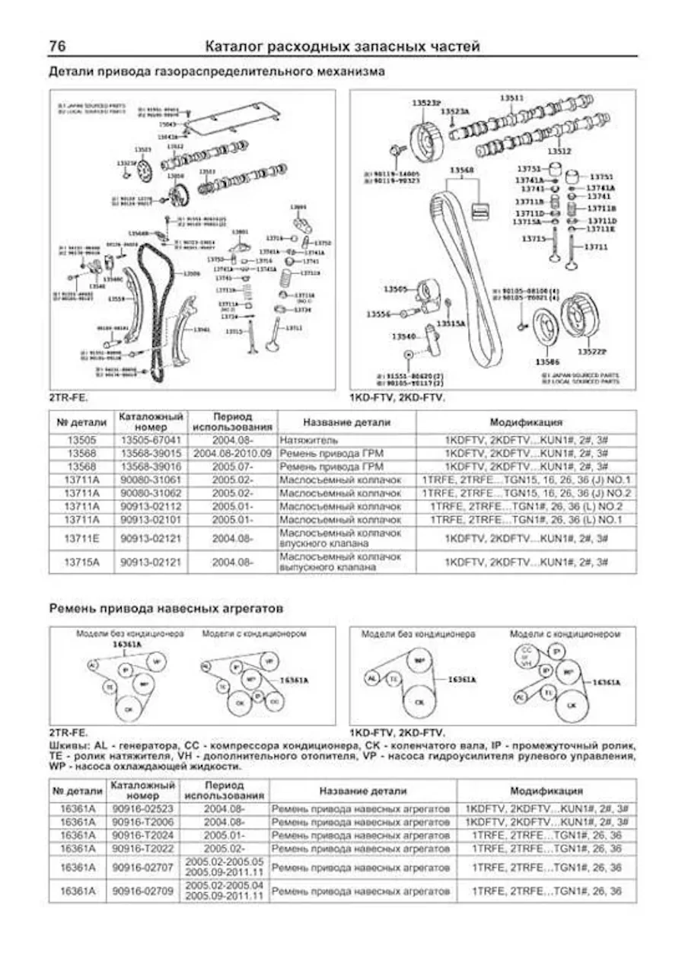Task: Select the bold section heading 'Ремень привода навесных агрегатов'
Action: [x=166, y=609]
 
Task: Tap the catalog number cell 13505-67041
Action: [x=151, y=439]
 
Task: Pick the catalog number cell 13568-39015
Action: [x=151, y=453]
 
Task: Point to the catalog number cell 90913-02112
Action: [x=151, y=506]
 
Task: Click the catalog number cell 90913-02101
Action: [x=151, y=520]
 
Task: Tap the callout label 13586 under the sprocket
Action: [x=546, y=361]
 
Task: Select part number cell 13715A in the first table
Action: [x=81, y=561]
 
